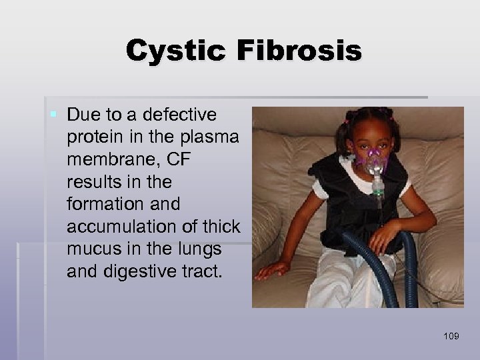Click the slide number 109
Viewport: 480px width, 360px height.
pos(451,335)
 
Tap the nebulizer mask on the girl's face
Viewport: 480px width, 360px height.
pos(374,159)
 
